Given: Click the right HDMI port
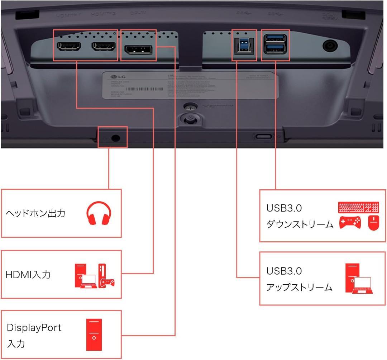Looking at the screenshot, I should coord(104,47).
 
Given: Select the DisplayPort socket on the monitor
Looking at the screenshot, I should coord(138,50).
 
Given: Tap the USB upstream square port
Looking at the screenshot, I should coord(244,46).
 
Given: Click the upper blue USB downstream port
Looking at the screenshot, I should coord(275,38).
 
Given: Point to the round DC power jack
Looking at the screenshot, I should coord(330,46).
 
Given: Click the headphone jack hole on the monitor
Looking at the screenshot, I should coord(115,138).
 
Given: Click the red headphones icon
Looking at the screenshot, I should coord(99,214).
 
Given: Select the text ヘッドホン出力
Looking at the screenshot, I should coord(35,213).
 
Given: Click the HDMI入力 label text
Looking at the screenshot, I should coord(28,275).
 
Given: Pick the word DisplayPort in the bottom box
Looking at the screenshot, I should coord(34,328).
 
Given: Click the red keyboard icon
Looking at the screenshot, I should coord(359,208).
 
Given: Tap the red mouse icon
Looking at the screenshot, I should coord(373,223).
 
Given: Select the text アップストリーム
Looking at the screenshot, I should coord(299,288).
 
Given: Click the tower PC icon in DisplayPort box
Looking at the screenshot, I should coord(94,334).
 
